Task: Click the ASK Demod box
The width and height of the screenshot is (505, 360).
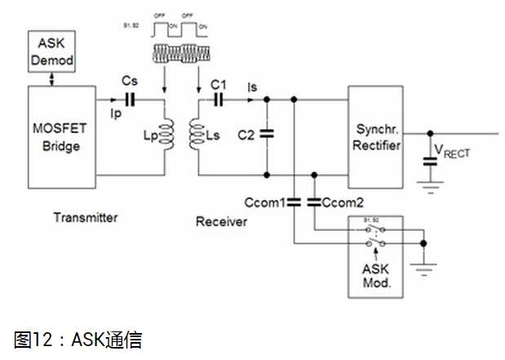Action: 51,51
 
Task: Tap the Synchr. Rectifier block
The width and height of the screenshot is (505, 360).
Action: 378,138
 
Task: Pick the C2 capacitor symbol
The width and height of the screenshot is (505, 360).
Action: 268,136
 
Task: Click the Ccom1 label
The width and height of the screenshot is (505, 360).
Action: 263,202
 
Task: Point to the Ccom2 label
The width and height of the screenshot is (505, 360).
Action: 345,202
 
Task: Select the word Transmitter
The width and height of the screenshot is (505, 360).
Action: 86,217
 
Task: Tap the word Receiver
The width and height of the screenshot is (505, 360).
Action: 220,221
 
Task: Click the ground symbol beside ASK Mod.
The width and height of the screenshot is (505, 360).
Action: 423,263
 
